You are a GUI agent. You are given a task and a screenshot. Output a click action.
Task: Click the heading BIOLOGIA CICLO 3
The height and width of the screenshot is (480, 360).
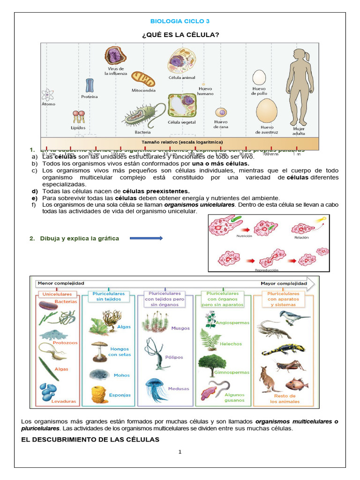tap(180, 22)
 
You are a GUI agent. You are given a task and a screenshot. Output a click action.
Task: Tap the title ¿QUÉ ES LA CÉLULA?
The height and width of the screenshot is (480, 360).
tap(180, 35)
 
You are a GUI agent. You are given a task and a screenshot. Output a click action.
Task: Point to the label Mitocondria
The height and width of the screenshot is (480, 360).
tap(143, 90)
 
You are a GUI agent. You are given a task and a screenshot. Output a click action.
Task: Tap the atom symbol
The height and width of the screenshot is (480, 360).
tap(48, 95)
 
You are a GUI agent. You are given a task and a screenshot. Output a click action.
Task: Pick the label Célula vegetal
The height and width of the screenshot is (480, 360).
tap(181, 122)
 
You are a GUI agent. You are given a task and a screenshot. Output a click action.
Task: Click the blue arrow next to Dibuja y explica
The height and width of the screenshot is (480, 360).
tap(146, 238)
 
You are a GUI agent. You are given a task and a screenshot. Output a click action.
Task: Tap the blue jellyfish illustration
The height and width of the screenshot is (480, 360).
tap(156, 388)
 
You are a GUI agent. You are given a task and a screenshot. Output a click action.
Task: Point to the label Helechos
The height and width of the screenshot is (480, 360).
tap(231, 344)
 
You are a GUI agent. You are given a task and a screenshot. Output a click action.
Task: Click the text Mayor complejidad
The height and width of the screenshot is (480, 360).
tap(284, 284)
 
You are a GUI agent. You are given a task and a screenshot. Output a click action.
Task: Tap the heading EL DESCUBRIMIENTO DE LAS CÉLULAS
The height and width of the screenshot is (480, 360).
tap(90, 439)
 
